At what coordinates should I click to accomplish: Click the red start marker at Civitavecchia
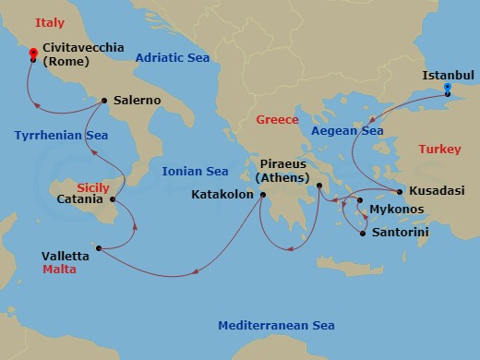[33, 54]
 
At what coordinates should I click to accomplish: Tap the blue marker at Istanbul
[448, 89]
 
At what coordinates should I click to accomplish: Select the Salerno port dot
[105, 101]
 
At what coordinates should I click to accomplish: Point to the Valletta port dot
[99, 247]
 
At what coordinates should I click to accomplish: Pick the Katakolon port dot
[263, 195]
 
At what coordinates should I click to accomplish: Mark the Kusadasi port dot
[400, 192]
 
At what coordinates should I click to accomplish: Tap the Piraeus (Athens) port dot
[318, 186]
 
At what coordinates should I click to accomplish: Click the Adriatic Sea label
[173, 58]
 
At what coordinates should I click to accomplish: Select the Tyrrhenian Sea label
[61, 135]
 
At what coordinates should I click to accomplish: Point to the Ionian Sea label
[195, 171]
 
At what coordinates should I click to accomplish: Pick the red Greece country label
[278, 120]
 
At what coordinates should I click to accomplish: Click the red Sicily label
[92, 185]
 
